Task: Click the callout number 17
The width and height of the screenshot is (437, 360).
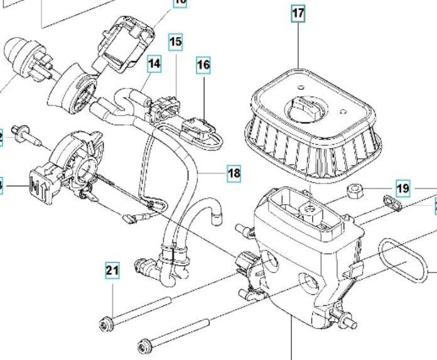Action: pyautogui.click(x=298, y=13)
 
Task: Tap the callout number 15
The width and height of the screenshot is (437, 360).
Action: pyautogui.click(x=175, y=42)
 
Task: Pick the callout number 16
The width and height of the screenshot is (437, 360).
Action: pyautogui.click(x=203, y=64)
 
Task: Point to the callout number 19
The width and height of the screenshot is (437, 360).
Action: pyautogui.click(x=402, y=188)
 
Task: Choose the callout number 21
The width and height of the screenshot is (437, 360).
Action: pyautogui.click(x=112, y=271)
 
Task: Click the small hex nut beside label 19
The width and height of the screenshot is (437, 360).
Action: pyautogui.click(x=353, y=190)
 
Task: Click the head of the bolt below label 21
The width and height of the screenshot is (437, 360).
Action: pyautogui.click(x=105, y=324)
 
